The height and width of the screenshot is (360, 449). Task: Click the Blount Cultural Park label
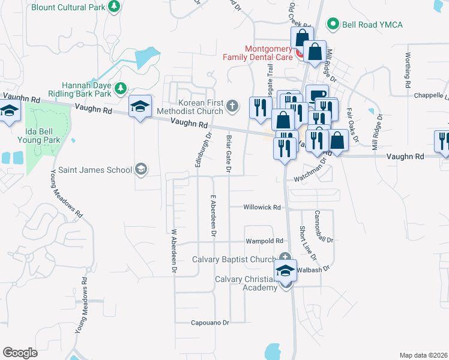pos(68,7)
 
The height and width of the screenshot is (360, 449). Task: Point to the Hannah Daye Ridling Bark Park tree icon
pos(121,89)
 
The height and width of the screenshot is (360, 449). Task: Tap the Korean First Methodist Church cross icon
pos(234,107)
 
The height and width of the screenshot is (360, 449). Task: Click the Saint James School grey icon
pos(141,169)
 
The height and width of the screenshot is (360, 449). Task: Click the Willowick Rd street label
pos(262,208)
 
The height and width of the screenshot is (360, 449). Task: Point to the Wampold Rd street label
pos(264,241)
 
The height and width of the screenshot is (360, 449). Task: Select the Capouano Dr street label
pos(210,323)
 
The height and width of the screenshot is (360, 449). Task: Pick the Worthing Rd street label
pos(408,69)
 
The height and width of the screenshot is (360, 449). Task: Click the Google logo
pos(20,352)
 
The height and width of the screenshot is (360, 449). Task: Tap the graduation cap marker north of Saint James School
pos(140,107)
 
